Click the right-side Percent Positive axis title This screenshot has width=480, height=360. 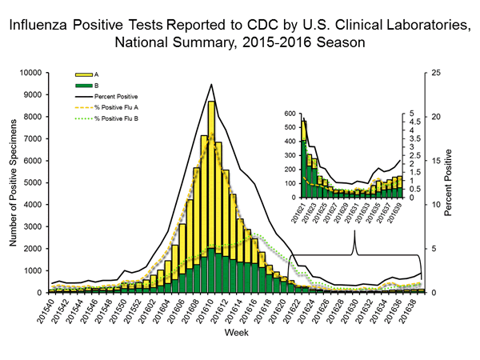(451, 182)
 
